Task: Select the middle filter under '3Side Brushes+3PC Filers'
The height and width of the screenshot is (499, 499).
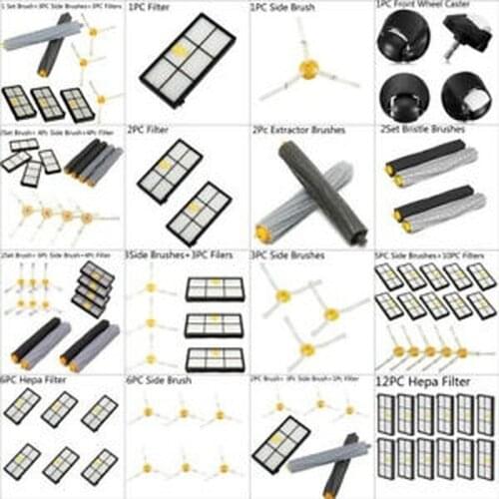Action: [214, 323]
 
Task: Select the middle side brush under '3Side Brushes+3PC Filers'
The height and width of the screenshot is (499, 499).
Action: [150, 321]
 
